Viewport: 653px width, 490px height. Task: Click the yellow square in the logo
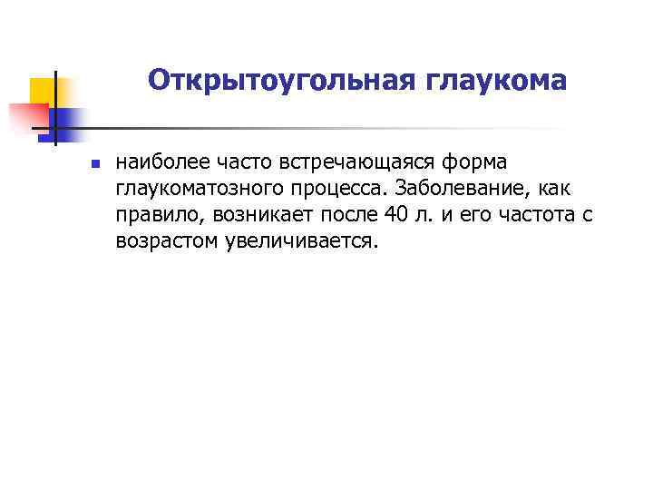(44, 91)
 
